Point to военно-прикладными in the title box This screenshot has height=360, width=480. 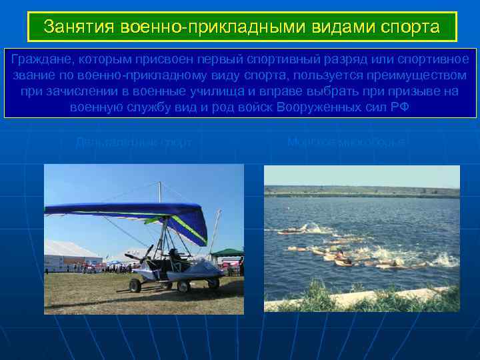point(205,27)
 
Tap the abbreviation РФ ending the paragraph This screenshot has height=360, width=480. point(400,106)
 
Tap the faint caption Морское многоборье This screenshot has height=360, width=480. point(347,141)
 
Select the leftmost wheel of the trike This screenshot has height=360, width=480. point(135,285)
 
